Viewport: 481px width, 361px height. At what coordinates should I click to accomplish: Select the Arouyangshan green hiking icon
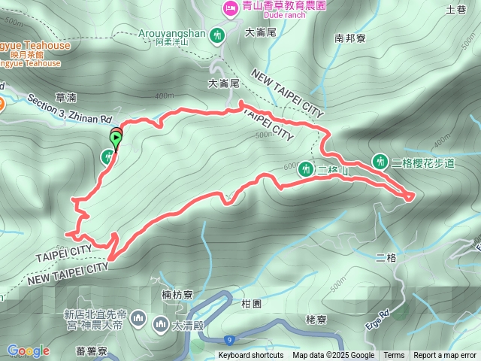218,34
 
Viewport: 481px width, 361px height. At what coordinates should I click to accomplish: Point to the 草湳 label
66,98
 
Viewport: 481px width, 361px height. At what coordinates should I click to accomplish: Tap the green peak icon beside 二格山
306,168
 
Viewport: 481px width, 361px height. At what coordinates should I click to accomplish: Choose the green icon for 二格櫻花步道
381,161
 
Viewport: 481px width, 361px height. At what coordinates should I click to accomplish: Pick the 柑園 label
251,303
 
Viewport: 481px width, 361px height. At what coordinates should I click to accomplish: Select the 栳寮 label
316,320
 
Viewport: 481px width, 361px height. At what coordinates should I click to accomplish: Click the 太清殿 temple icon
160,324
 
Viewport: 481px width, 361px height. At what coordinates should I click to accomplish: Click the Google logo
28,350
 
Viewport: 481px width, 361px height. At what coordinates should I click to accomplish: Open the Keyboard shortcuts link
251,356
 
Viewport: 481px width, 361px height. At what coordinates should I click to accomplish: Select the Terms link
394,356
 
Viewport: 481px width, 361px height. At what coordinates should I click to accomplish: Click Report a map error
446,356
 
